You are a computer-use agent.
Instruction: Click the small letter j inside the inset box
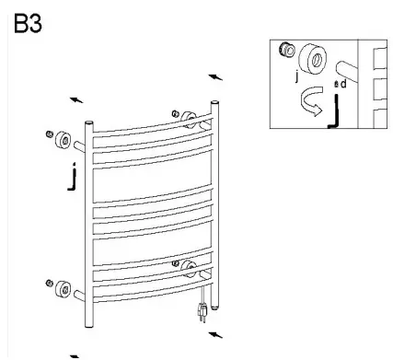(297, 77)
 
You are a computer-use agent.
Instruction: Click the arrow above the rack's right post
(215, 76)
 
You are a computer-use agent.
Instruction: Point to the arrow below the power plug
(214, 334)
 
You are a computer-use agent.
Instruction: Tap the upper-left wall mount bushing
(64, 142)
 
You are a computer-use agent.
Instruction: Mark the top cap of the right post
(214, 104)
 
